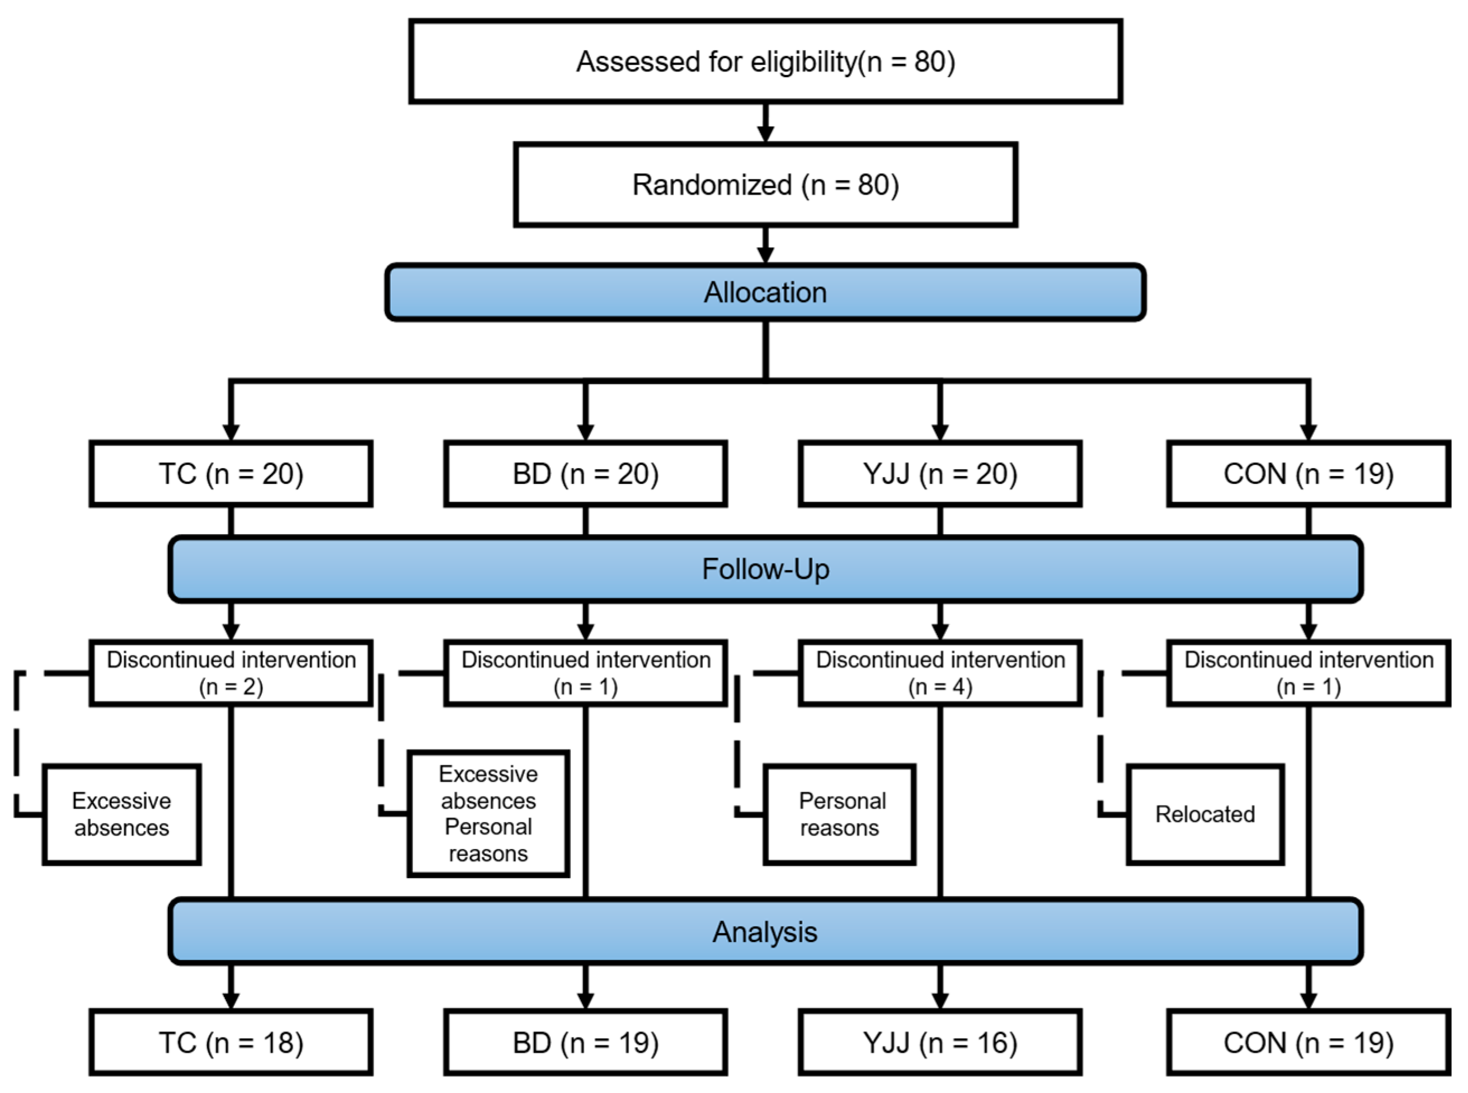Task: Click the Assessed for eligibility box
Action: (765, 61)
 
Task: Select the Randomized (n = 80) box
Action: (765, 185)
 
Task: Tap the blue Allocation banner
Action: (765, 293)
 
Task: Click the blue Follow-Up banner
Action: (765, 569)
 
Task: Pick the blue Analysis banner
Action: (765, 931)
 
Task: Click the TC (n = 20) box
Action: (231, 474)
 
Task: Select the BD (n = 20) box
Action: (586, 474)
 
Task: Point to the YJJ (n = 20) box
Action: (939, 474)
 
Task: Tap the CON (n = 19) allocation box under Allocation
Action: (1308, 474)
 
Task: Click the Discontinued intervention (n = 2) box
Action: (231, 673)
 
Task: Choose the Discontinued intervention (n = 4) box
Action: (939, 673)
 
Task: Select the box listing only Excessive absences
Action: (122, 814)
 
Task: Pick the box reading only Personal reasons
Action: (840, 814)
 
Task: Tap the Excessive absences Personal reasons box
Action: (488, 814)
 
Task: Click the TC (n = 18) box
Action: (231, 1043)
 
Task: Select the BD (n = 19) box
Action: (586, 1043)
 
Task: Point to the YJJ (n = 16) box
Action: (939, 1043)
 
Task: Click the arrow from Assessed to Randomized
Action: (765, 123)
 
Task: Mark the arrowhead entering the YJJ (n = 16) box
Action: (940, 1000)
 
